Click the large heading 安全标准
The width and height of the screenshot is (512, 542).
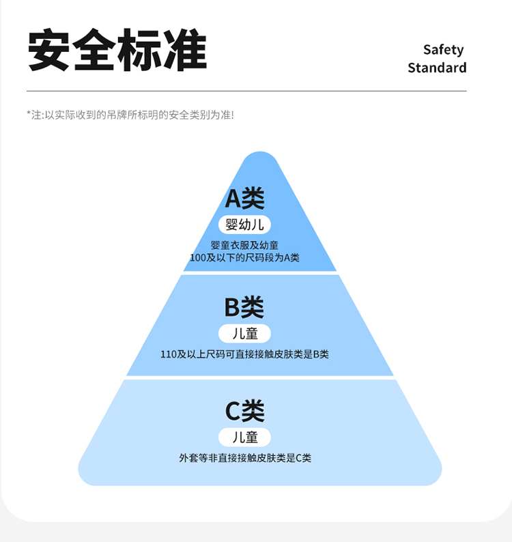pos(117,51)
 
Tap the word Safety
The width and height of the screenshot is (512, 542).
pos(443,50)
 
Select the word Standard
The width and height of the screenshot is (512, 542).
pos(437,68)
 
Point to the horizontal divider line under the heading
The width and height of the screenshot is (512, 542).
pos(246,91)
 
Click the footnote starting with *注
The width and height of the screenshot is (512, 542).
pos(130,115)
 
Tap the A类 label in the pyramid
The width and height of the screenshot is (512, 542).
pos(244,199)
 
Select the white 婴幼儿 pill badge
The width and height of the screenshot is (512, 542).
pos(245,224)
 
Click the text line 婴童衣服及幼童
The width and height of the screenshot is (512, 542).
pos(244,245)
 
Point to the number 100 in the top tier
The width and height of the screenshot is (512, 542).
pos(198,257)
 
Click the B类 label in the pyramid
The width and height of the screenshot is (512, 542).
pos(244,308)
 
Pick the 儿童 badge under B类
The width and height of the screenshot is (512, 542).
pos(245,334)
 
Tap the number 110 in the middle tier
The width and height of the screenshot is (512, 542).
pos(168,354)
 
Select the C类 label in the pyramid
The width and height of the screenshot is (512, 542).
pos(244,411)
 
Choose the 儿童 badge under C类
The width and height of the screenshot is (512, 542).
pos(245,437)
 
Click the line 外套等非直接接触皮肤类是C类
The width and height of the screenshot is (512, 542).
pos(245,458)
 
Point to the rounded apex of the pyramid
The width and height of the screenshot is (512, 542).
pos(260,156)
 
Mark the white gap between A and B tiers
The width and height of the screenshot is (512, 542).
pos(260,273)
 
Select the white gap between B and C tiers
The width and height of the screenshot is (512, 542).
pos(260,377)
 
